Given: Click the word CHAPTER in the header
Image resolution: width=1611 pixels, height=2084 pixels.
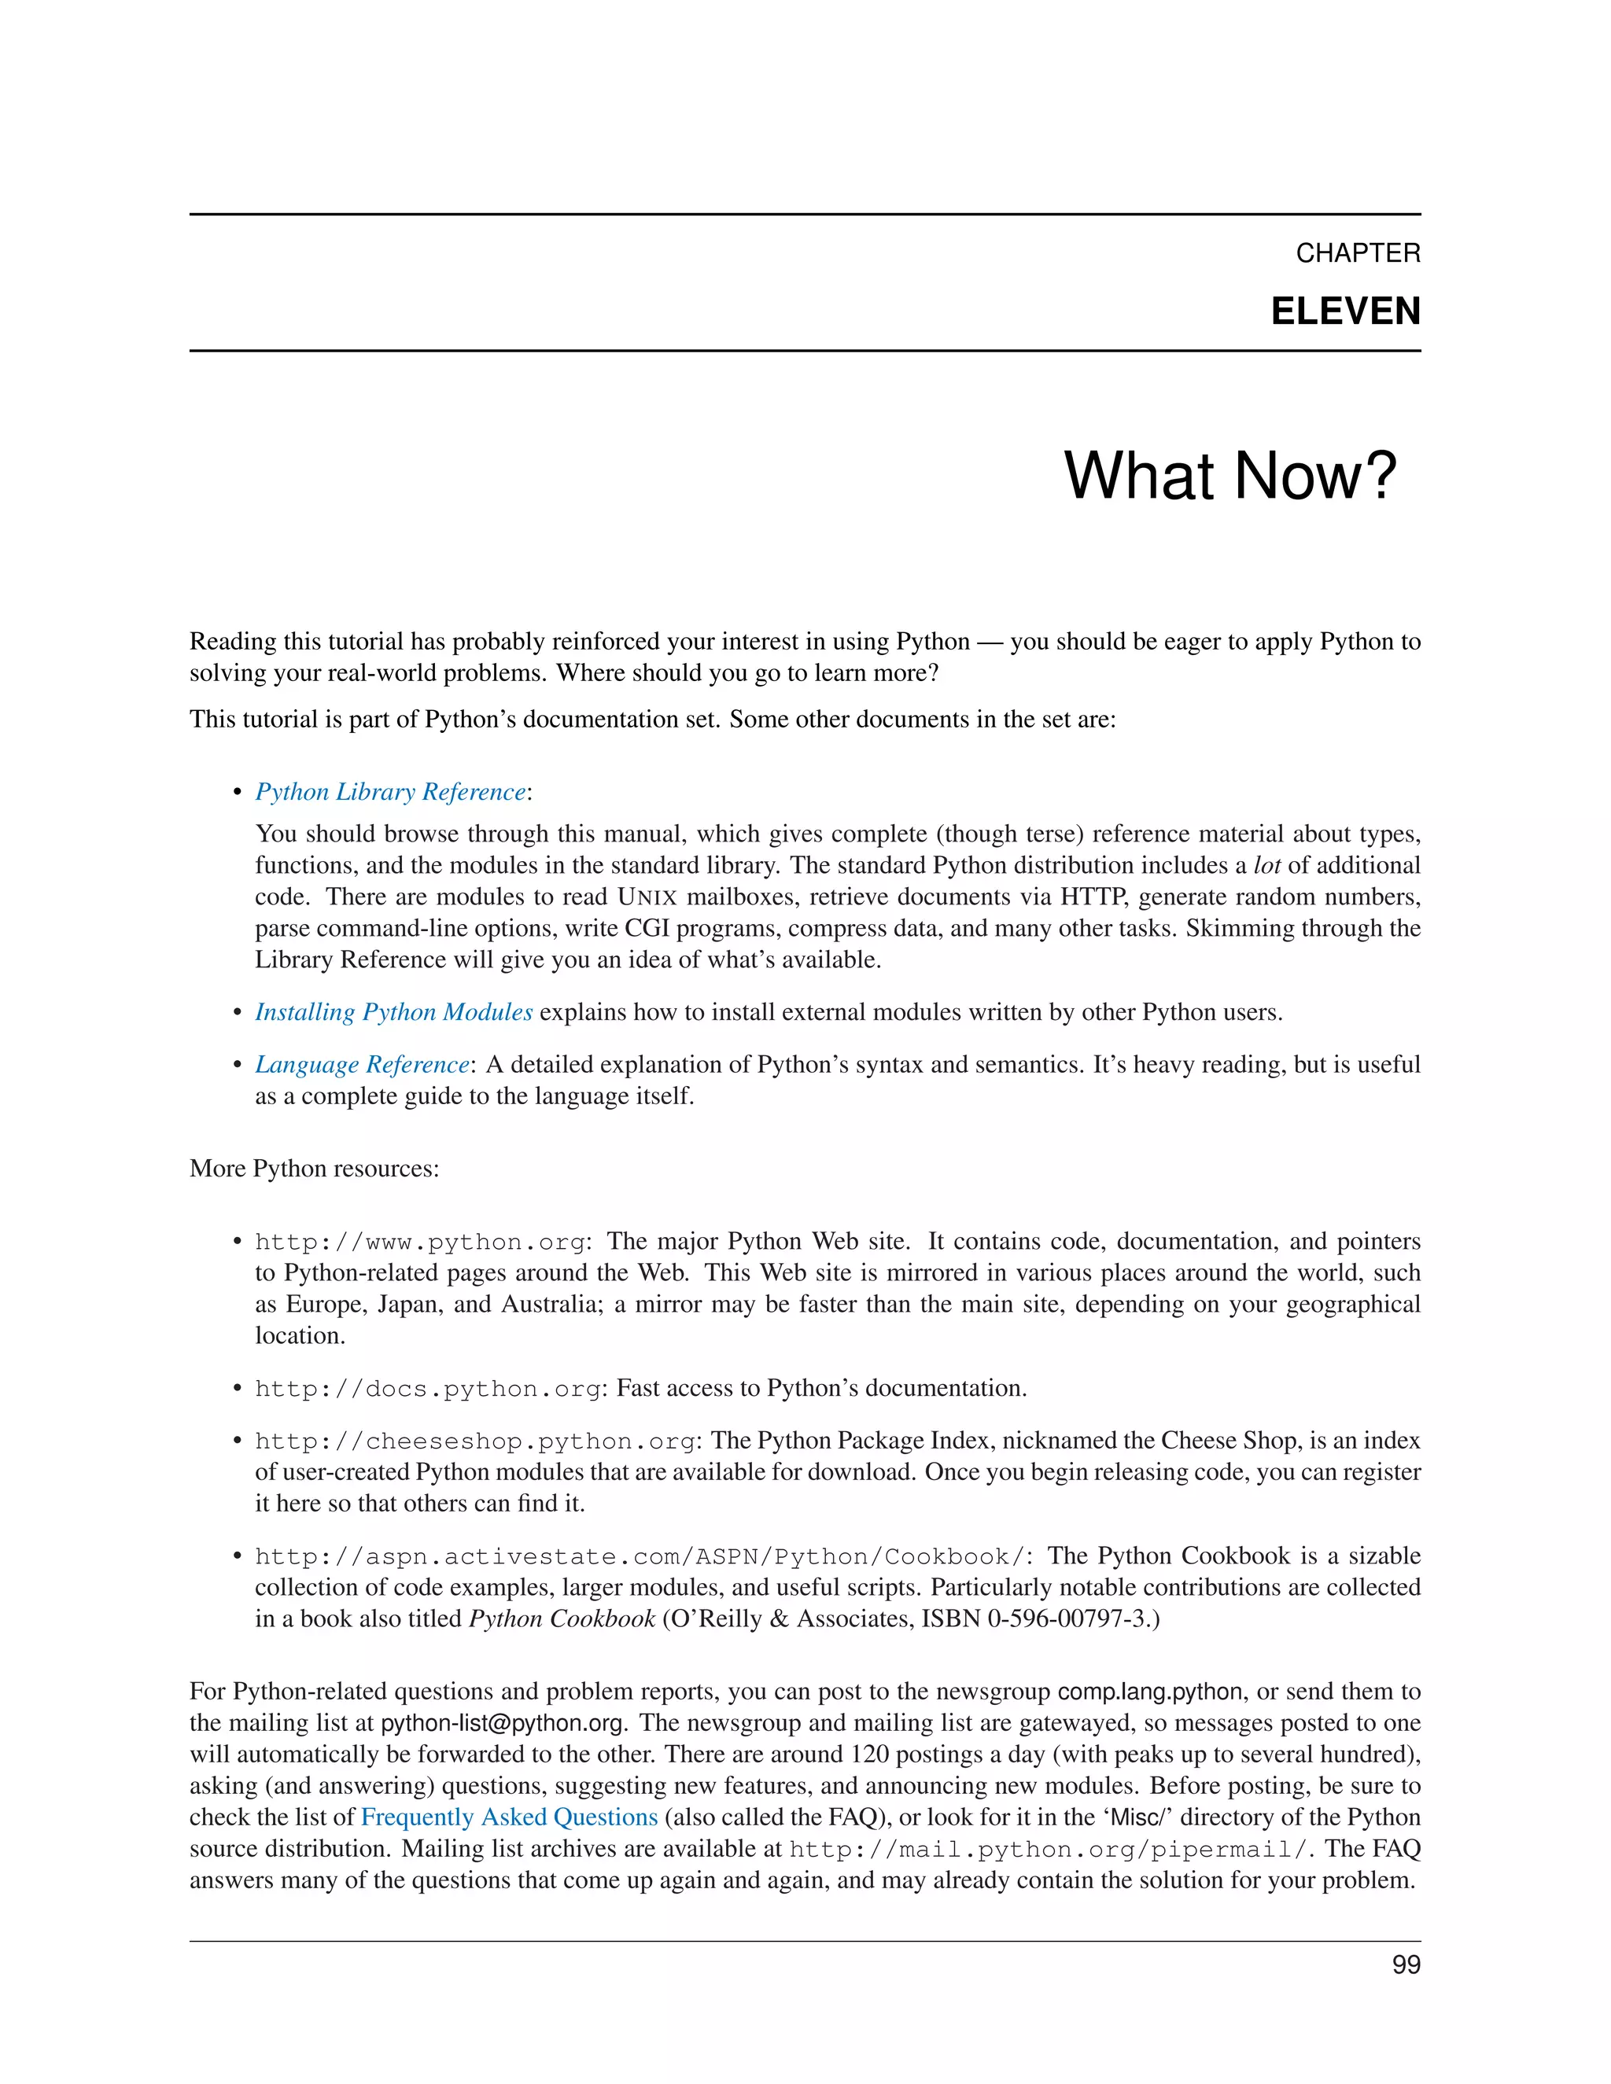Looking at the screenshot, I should tap(1357, 253).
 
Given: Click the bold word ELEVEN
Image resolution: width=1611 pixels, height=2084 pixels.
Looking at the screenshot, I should tap(1344, 312).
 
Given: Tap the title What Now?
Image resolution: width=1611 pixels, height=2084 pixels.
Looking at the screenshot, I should tap(1229, 475).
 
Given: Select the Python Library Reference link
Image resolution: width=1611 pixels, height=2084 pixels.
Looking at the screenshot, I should tap(389, 792).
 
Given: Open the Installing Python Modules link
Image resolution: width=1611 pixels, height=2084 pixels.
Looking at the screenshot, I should tap(393, 1011).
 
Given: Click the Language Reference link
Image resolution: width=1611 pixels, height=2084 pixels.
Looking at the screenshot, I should tap(362, 1064).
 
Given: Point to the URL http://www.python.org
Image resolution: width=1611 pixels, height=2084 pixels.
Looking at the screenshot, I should tap(419, 1243).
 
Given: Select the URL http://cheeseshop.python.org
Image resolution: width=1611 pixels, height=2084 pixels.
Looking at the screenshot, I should tap(474, 1441).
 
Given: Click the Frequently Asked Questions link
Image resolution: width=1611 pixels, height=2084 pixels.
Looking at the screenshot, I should tap(509, 1817).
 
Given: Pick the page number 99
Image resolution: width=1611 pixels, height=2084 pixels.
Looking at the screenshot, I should tap(1406, 1964).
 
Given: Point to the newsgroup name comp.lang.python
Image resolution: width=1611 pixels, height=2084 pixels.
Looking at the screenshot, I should tap(1150, 1692).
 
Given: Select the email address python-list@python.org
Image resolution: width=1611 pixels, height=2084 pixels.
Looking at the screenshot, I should tap(502, 1723).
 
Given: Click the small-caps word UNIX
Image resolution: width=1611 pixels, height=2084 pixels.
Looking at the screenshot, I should tap(647, 897).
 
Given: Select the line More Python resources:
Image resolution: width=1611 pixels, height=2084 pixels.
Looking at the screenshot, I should tap(314, 1169).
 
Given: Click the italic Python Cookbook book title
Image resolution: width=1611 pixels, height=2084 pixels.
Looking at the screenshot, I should tap(561, 1619).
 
